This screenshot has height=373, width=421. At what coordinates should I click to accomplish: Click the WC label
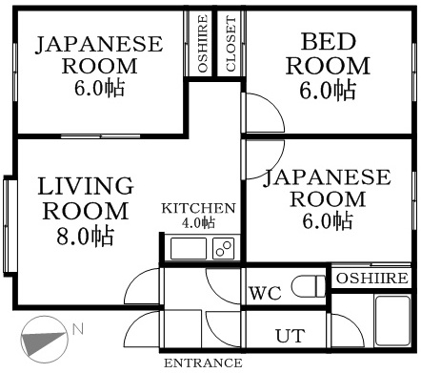click(265, 293)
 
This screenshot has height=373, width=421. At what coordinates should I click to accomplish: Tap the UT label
click(289, 336)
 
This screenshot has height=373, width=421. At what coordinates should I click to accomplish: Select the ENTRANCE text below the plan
click(202, 363)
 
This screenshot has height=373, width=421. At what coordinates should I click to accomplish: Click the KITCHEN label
click(197, 209)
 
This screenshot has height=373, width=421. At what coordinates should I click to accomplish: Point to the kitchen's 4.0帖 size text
click(198, 223)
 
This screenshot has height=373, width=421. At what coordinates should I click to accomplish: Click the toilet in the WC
click(306, 287)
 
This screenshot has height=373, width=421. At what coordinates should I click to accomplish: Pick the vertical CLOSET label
click(231, 44)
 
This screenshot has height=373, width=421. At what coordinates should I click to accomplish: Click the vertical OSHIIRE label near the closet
click(203, 44)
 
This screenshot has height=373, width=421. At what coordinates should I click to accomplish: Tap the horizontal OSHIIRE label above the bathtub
click(371, 279)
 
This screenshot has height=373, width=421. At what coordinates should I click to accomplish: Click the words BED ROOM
click(328, 53)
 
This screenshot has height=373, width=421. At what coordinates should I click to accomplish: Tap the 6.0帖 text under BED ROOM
click(329, 91)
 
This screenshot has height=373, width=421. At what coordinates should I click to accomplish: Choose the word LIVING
click(85, 185)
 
